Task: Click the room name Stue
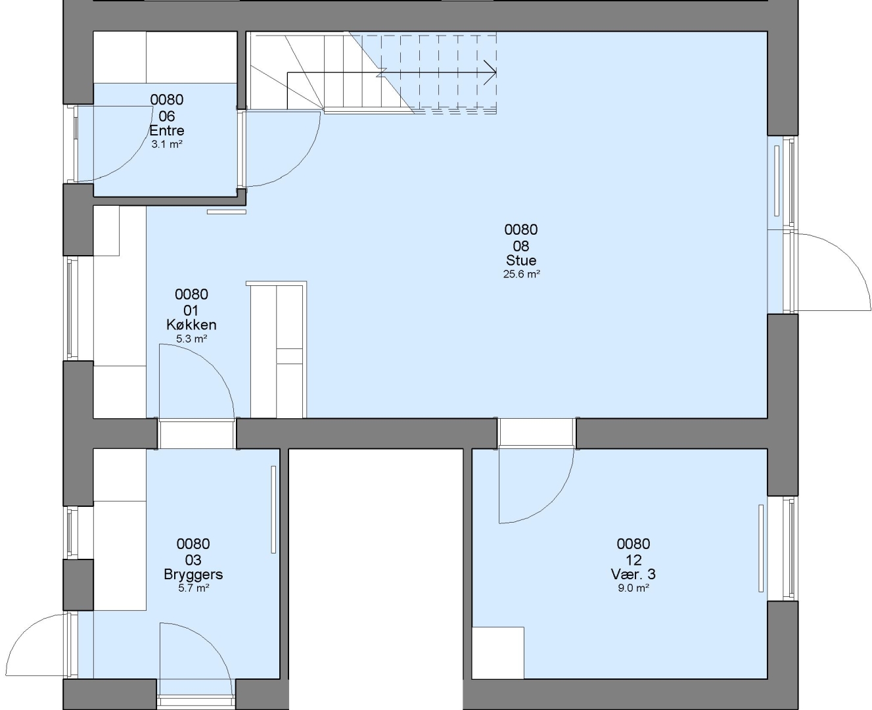(x=521, y=260)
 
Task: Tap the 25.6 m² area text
(x=521, y=274)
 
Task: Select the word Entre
(x=167, y=131)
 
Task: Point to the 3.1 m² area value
(x=167, y=144)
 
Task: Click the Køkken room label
(x=191, y=325)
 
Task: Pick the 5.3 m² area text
(x=191, y=339)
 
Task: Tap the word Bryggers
(x=193, y=575)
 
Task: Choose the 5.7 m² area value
(x=194, y=588)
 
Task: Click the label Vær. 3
(x=633, y=574)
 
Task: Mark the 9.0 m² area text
(x=633, y=588)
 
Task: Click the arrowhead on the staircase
(x=490, y=73)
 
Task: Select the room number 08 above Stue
(x=521, y=246)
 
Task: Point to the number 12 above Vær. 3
(x=633, y=559)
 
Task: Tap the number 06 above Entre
(x=167, y=116)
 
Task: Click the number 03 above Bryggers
(x=193, y=559)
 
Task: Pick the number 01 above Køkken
(x=191, y=310)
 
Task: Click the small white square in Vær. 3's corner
(x=498, y=653)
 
